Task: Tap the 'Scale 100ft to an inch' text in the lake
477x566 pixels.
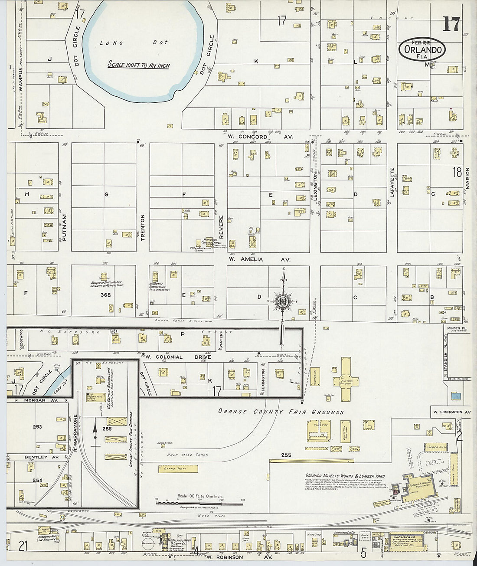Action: pos(138,65)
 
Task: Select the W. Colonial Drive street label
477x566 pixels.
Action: pos(178,357)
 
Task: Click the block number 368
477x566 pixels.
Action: pos(105,295)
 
